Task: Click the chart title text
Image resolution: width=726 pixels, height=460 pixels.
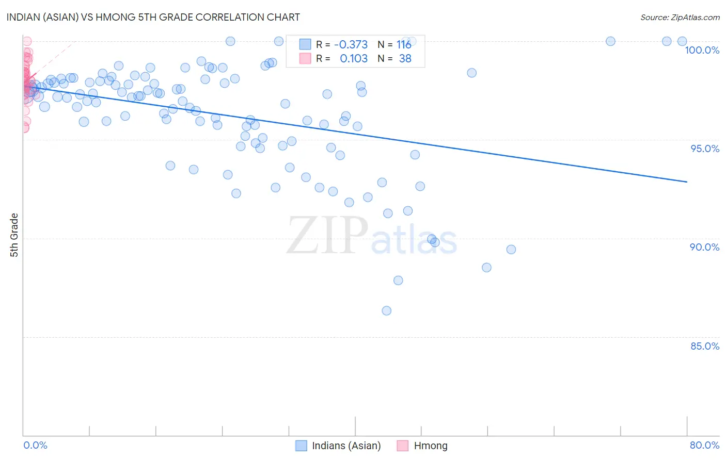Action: pos(153,17)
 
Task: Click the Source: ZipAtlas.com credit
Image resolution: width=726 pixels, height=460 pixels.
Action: pos(680,17)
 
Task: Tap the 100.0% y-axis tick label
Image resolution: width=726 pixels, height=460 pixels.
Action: pos(702,50)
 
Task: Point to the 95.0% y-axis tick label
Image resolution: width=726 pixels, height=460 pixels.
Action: pos(705,149)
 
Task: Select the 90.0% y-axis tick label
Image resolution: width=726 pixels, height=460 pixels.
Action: pos(704,247)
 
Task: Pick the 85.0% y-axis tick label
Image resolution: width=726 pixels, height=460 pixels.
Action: pos(705,346)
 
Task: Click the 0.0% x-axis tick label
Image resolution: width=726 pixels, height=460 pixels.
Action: pos(35,445)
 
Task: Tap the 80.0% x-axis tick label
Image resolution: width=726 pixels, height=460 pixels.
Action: pos(704,445)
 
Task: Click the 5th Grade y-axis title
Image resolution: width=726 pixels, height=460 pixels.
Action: pos(14,235)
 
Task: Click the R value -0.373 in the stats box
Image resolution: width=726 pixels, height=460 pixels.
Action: pos(351,45)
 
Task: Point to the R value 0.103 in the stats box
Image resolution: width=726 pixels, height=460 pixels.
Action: pos(353,59)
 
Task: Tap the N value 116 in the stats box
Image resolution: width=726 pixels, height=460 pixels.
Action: pos(404,45)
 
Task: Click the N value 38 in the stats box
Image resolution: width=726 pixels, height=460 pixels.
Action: pos(405,59)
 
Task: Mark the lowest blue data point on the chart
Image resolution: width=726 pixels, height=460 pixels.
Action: pos(386,310)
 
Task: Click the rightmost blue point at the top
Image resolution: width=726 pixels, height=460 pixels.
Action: pos(682,41)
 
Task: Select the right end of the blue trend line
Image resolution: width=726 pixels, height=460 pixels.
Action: pos(687,182)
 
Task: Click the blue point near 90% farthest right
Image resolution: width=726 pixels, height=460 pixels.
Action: pos(511,250)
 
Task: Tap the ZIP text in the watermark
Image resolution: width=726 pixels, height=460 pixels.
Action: pos(327,236)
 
